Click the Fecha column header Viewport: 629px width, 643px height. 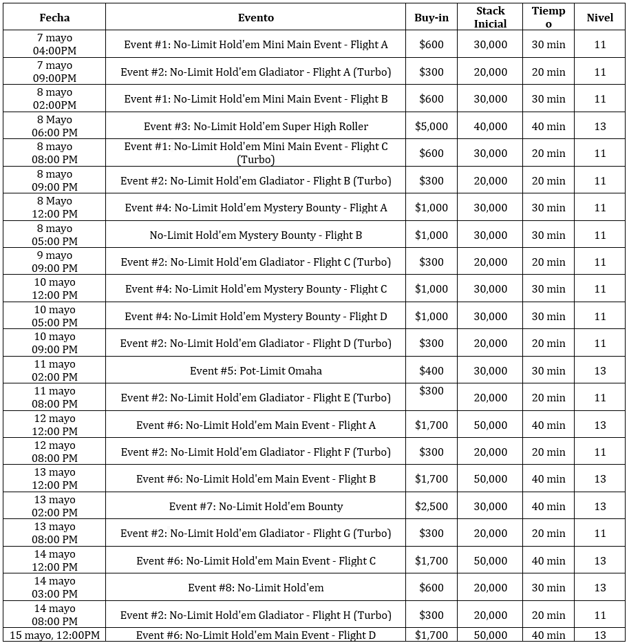coord(54,17)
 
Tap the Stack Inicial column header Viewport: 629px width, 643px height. coord(490,17)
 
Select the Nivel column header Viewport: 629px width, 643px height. coord(599,17)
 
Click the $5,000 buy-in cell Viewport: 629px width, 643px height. coord(431,126)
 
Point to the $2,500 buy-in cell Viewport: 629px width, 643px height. coord(431,506)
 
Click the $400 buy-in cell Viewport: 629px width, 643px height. coord(431,370)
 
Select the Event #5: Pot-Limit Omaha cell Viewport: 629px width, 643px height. coord(255,370)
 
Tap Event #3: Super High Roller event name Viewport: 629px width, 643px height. coord(255,126)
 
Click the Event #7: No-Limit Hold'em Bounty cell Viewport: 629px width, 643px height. coord(255,506)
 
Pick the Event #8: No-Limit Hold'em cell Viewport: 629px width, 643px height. coord(255,587)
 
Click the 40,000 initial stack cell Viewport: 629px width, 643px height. coord(490,126)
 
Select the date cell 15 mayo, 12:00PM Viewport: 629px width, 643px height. coord(54,635)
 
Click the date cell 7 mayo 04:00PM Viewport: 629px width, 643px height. coord(54,44)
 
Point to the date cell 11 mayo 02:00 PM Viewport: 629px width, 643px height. coord(54,370)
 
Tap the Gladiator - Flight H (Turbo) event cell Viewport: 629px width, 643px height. coord(255,615)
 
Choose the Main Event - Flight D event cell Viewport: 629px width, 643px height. coord(255,635)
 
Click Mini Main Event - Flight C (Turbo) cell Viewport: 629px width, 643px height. coord(255,153)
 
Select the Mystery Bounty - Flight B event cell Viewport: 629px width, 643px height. coord(255,235)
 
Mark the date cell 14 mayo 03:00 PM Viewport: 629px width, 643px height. coord(54,587)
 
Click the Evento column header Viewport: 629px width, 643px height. coord(255,17)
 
